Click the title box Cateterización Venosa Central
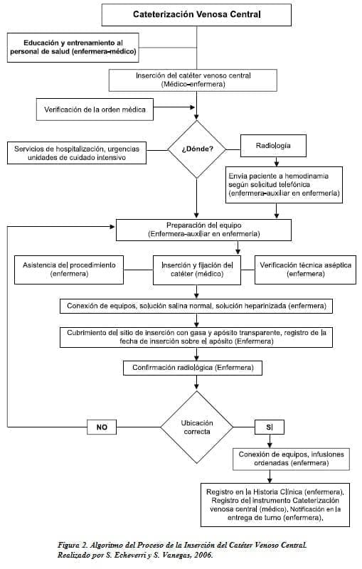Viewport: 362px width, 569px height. (196, 15)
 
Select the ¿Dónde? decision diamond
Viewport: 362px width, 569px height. (196, 149)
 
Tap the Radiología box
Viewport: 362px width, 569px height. (273, 146)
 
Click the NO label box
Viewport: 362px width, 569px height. (102, 427)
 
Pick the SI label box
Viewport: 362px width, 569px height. (270, 427)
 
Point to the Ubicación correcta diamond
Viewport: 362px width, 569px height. (196, 427)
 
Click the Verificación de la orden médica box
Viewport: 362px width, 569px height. (95, 110)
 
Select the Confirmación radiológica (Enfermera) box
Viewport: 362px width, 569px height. (193, 368)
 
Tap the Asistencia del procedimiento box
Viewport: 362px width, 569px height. (69, 270)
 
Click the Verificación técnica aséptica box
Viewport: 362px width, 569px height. (305, 270)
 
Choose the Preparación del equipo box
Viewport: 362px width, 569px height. (203, 230)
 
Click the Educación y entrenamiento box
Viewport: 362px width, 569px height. (73, 48)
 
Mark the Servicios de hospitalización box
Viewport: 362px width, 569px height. (77, 153)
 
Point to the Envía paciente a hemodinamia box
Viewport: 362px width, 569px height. (284, 185)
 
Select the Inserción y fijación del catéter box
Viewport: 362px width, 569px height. (197, 270)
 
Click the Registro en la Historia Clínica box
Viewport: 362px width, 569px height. (275, 505)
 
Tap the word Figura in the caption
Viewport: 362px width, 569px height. (68, 546)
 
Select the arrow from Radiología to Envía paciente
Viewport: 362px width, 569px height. (277, 162)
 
